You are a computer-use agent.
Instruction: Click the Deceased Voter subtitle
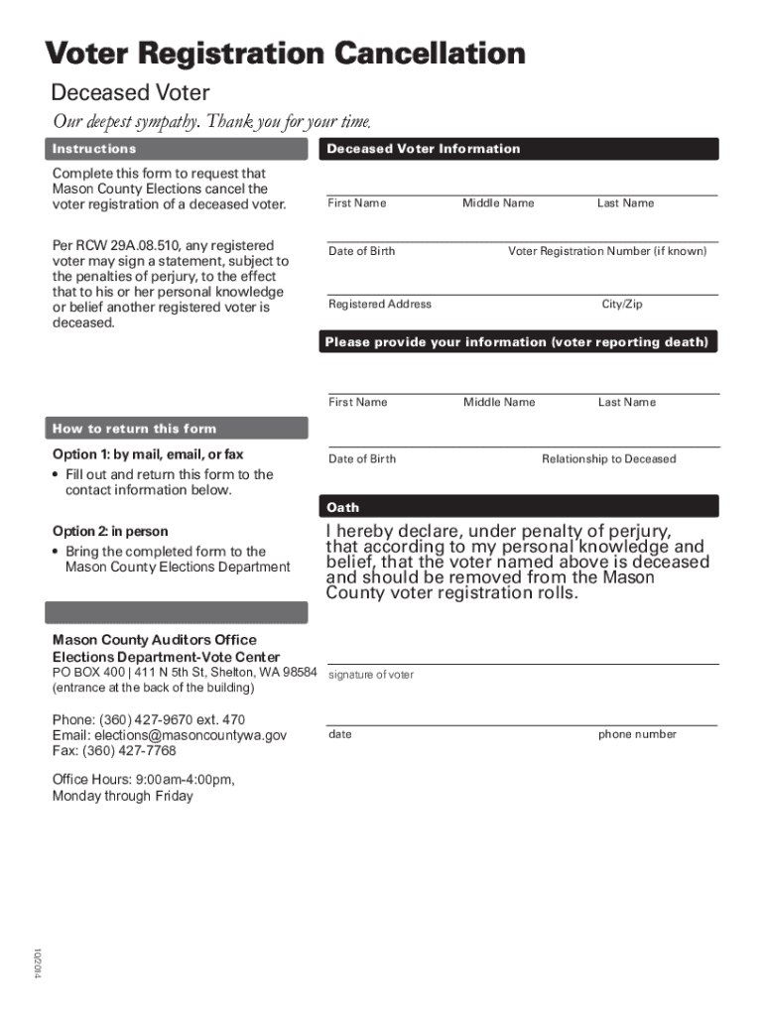pos(130,93)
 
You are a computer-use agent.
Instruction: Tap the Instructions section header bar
pos(177,149)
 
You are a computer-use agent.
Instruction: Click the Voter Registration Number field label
pos(607,251)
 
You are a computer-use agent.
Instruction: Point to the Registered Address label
pos(380,305)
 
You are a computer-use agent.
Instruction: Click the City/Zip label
pos(622,305)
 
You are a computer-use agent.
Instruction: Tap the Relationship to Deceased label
pos(608,458)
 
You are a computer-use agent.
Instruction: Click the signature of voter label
pos(370,675)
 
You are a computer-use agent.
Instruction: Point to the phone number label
pos(637,734)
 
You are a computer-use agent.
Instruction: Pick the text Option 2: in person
pos(110,531)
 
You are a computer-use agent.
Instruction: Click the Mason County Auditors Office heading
pos(154,640)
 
